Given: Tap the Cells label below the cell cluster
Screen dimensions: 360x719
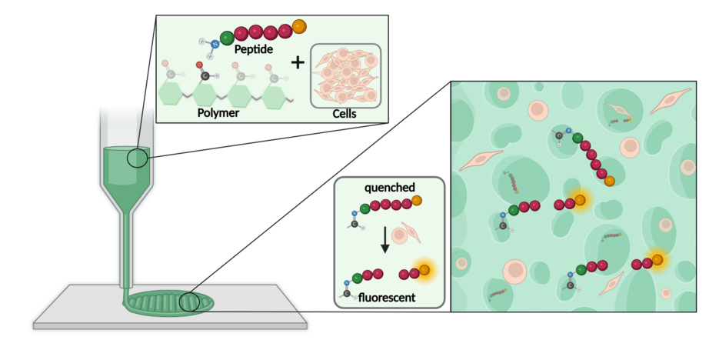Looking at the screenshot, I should (344, 114).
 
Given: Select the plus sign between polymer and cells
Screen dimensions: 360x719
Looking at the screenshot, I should (297, 62).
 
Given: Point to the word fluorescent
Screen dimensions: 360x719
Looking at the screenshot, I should (388, 295).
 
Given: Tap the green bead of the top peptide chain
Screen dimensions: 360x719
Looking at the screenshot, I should (227, 37).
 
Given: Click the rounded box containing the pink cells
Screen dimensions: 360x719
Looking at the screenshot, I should (345, 75).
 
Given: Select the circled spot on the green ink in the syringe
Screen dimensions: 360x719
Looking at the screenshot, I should (138, 158).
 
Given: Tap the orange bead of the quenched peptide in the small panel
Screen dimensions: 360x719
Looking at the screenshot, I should (417, 201).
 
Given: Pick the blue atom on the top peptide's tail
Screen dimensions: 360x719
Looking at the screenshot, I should (215, 46).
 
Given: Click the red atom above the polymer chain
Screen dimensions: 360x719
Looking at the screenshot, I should (199, 65).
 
